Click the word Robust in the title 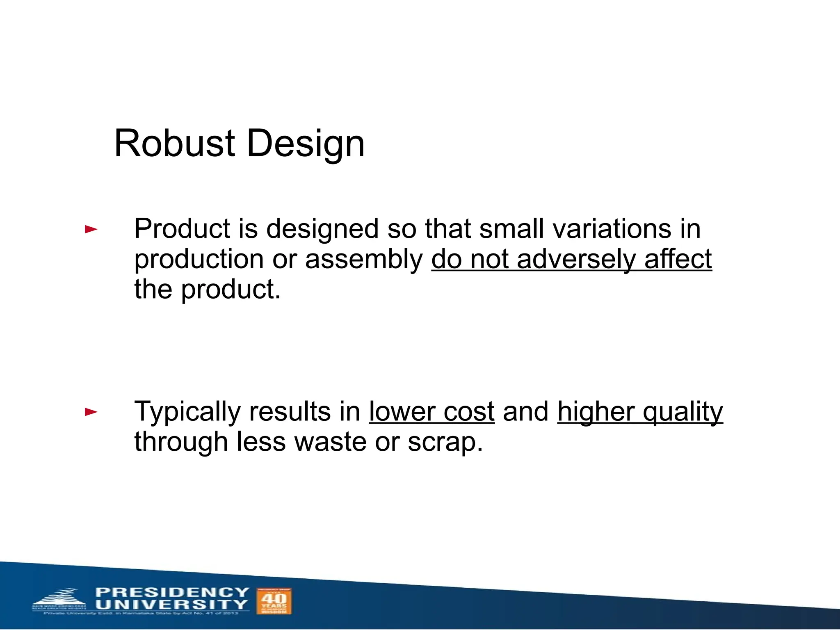[174, 143]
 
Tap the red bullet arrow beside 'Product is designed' [91, 229]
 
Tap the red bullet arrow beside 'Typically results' [91, 412]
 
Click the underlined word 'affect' [678, 259]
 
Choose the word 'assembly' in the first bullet [364, 260]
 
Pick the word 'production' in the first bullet [199, 260]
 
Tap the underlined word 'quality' [682, 412]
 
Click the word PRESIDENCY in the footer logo [172, 592]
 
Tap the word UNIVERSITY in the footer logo [172, 605]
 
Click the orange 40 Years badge [274, 601]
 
